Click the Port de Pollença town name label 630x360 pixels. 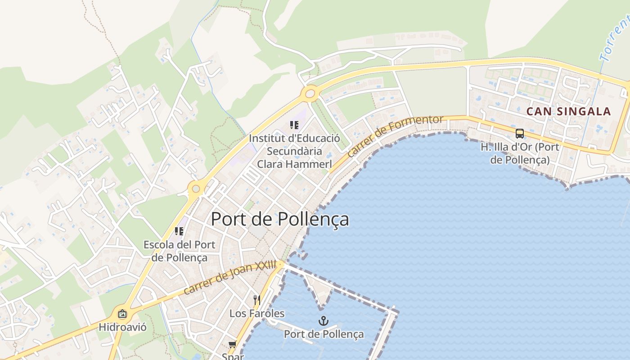click(279, 219)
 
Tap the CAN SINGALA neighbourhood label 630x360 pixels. click(568, 112)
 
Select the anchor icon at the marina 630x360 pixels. click(323, 321)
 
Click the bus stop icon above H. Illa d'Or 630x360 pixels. click(519, 133)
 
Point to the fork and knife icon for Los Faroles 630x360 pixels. click(257, 300)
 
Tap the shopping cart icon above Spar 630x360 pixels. click(232, 345)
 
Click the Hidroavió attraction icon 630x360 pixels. click(122, 314)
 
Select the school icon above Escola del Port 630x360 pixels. click(179, 231)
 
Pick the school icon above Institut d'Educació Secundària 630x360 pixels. click(294, 125)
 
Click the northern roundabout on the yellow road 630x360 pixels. click(310, 94)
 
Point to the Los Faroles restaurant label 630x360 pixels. click(257, 313)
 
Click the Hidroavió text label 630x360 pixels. click(122, 327)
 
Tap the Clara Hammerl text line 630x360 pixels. click(294, 164)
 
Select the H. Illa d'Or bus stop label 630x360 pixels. click(519, 153)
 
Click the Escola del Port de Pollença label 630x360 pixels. click(179, 251)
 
